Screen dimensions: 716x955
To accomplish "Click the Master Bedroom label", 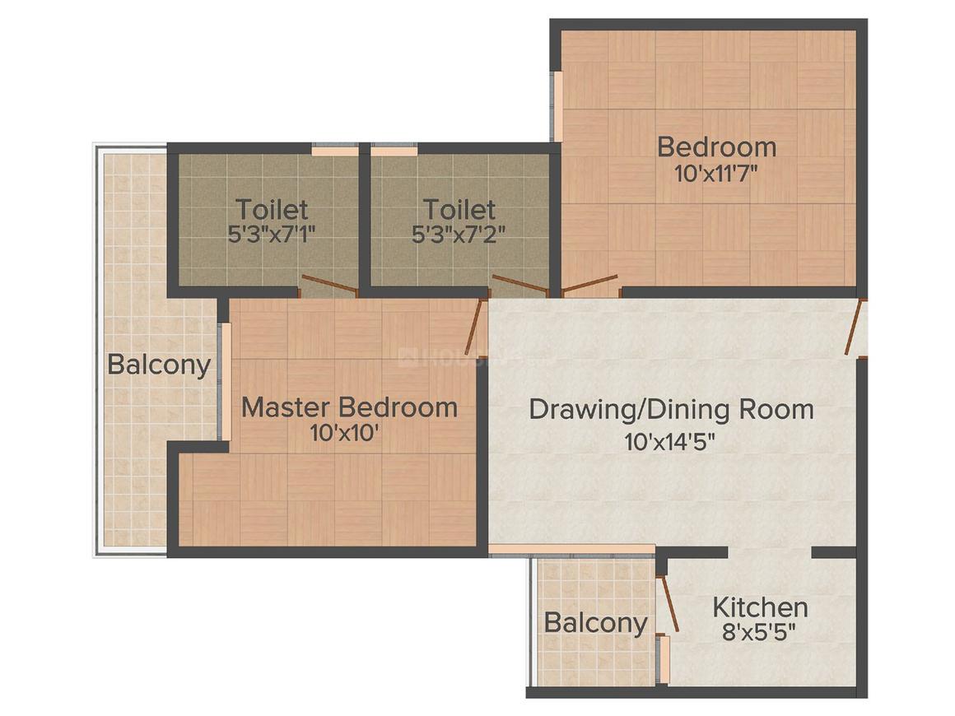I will coord(349,407).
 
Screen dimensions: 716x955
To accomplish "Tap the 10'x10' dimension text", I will coord(345,433).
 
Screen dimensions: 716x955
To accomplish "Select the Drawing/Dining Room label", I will coord(671,409).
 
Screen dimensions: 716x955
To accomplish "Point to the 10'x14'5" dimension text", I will coord(669,441).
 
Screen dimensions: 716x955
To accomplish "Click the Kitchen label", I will coord(759,608).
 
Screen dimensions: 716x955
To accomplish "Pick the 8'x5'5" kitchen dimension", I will coord(758,634).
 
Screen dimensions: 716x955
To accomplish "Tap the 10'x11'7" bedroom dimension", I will coord(715,173).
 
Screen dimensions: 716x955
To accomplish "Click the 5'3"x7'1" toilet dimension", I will coord(272,233).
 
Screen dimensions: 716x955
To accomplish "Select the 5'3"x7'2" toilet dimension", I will coord(459,233).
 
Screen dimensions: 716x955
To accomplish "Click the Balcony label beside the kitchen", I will coord(595,623).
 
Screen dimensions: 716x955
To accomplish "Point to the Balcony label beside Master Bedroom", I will coord(159,365).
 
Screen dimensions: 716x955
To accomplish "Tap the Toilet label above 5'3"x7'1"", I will coord(272,208).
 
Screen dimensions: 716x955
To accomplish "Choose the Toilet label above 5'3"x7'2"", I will coord(459,208).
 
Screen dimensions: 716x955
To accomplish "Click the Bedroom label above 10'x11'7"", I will coord(716,147).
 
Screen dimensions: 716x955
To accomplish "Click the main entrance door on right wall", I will coord(856,328).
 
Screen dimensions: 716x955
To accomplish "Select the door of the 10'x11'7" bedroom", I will coord(589,285).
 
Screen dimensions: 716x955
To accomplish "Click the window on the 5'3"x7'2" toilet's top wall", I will coord(394,151).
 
